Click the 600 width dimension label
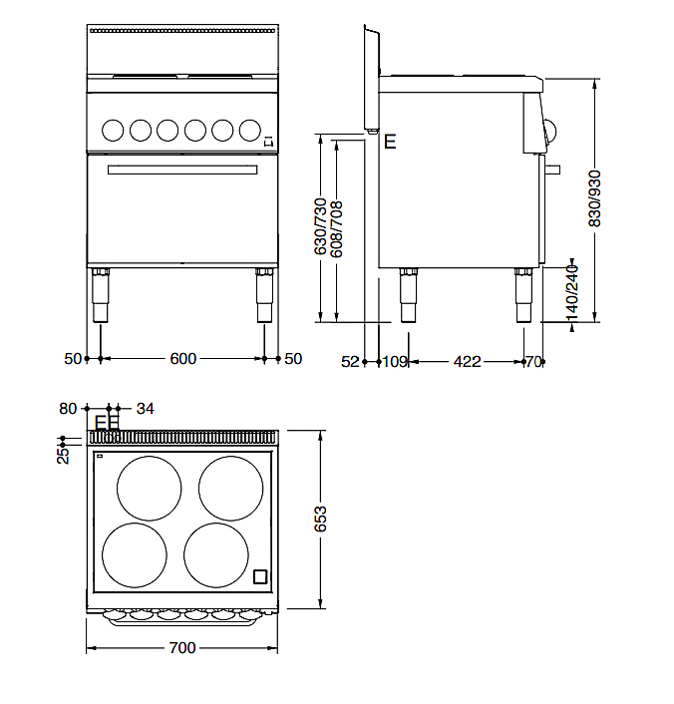click(x=183, y=359)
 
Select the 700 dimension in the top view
click(x=182, y=648)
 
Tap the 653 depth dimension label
click(x=320, y=519)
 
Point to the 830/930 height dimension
click(x=594, y=198)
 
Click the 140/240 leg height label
click(x=571, y=293)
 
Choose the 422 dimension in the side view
click(x=467, y=361)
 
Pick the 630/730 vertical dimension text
click(x=320, y=226)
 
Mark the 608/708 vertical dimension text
click(x=336, y=229)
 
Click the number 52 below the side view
click(x=350, y=361)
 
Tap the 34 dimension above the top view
click(x=145, y=409)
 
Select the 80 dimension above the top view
click(x=68, y=409)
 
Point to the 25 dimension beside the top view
click(x=64, y=455)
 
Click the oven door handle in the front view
click(x=182, y=170)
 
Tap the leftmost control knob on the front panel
click(x=113, y=131)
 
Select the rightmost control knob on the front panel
click(x=250, y=131)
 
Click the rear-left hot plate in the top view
click(x=150, y=489)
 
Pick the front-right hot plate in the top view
click(x=216, y=555)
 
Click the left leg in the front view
click(x=100, y=295)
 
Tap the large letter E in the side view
click(x=390, y=142)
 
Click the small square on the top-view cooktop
click(x=260, y=576)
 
